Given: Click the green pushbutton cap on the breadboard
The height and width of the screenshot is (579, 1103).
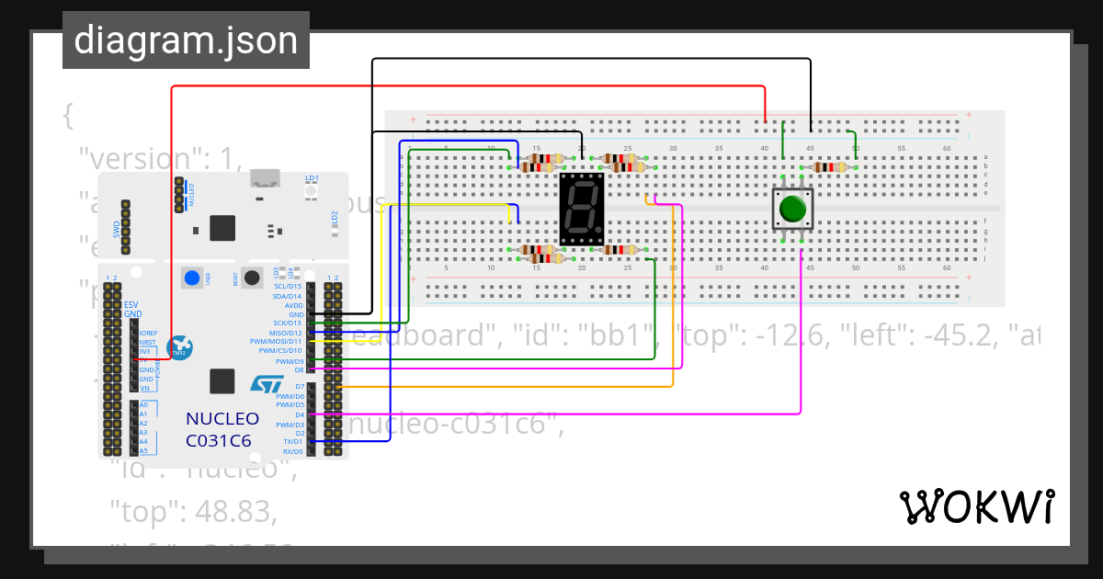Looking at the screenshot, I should point(791,210).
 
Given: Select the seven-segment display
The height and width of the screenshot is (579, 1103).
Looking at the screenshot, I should point(582,210).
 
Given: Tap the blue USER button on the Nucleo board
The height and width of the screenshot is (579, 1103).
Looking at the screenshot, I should point(192,278).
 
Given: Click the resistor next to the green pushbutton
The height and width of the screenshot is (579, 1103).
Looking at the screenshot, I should point(829,167).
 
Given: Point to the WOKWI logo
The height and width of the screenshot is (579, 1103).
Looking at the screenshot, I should point(976,507).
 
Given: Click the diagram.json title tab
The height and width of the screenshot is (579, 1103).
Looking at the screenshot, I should point(186,41).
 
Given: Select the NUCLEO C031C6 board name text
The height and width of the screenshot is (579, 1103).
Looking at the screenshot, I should point(222,429).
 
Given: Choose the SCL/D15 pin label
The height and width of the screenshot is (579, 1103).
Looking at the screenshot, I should point(287,287).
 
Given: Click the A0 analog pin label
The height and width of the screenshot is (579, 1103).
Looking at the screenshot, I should point(143,405).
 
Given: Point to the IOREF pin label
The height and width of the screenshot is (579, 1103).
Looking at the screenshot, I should point(147,332).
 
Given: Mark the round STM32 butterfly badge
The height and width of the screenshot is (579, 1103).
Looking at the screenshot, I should point(178,348).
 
